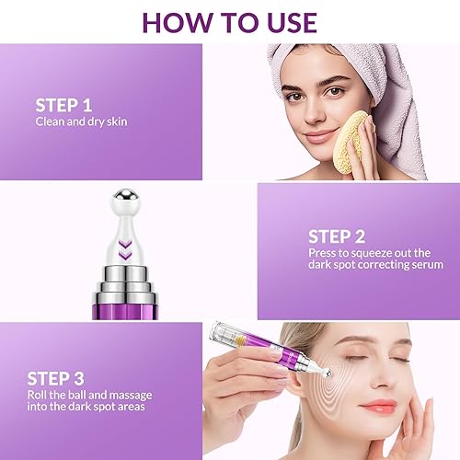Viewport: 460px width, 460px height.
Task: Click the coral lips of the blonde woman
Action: pos(378,406)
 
